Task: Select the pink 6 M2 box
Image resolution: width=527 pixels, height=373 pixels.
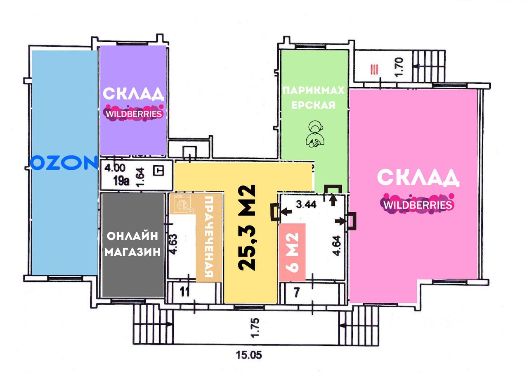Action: click(x=292, y=252)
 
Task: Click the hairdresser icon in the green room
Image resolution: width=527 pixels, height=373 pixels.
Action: click(x=315, y=133)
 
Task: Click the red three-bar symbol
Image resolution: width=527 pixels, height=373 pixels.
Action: click(x=374, y=69)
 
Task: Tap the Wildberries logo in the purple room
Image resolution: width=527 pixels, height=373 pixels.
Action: click(x=133, y=114)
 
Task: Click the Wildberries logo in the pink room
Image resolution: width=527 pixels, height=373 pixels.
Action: click(x=417, y=204)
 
